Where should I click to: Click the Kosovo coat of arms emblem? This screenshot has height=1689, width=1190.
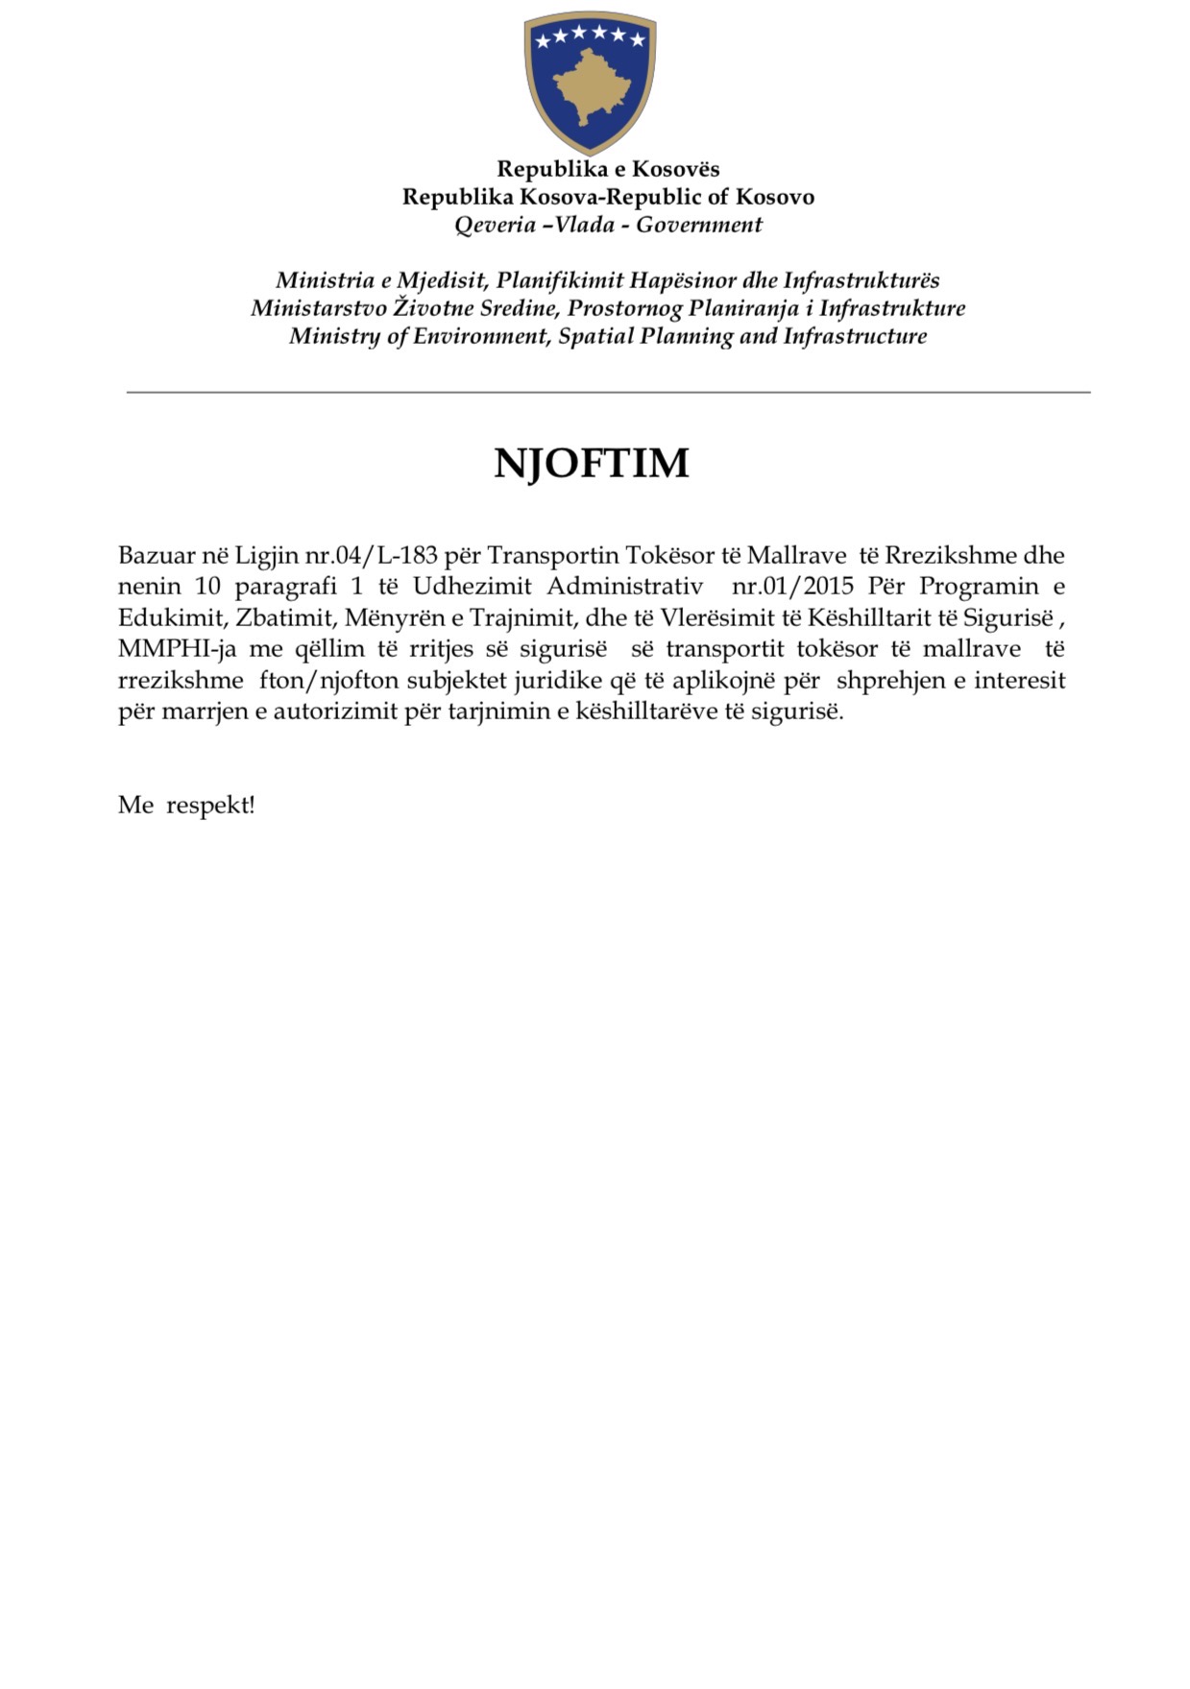point(590,82)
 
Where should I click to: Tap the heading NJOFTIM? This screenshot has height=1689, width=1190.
point(592,463)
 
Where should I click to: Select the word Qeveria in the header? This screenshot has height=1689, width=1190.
point(495,225)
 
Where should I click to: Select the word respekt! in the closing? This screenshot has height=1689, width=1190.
point(210,805)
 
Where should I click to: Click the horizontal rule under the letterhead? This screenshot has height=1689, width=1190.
point(608,393)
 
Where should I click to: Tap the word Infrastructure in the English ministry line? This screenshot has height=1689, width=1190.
point(855,336)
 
